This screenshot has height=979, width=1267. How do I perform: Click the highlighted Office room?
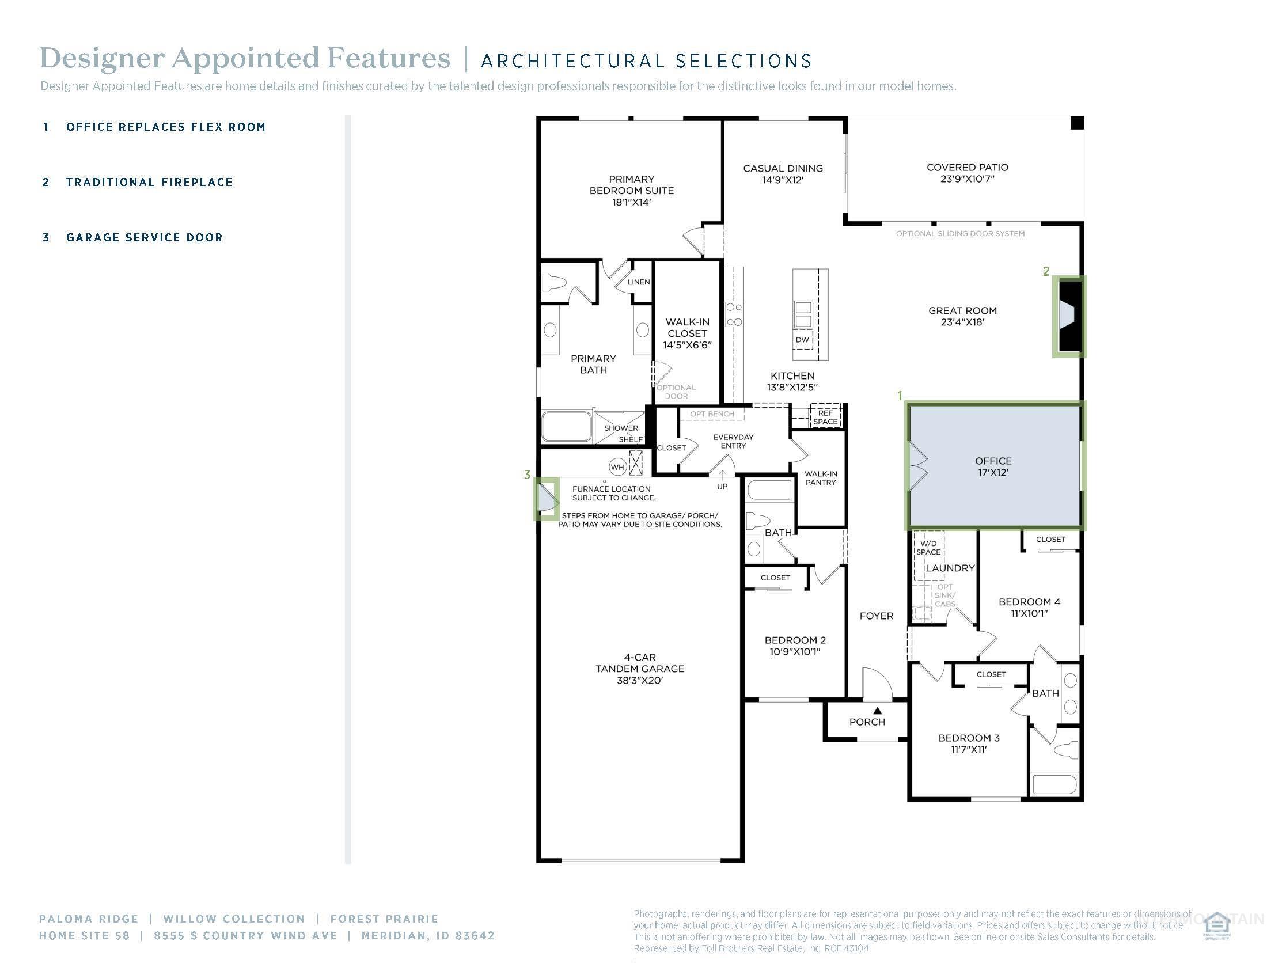tap(994, 466)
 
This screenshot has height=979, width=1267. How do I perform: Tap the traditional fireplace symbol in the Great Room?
tap(1069, 316)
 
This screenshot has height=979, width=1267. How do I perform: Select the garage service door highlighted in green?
tap(547, 499)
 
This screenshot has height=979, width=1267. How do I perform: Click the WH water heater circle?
tap(617, 467)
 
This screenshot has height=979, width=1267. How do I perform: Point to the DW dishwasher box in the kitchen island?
tap(802, 340)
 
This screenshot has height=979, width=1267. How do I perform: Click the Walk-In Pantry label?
tap(820, 478)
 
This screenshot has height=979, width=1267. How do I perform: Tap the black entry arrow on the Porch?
tap(877, 710)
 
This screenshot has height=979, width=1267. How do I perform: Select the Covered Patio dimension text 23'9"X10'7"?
tap(967, 179)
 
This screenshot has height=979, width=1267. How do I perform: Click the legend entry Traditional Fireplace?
tap(149, 182)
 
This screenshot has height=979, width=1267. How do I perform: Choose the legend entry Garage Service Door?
tap(145, 237)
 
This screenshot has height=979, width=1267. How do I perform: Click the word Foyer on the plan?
tap(876, 616)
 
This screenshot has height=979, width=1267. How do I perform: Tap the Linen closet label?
tap(638, 282)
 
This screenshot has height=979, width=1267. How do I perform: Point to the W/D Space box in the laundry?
tap(928, 548)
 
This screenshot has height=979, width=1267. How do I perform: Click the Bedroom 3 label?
tap(969, 738)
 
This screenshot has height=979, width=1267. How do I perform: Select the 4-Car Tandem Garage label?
tap(639, 669)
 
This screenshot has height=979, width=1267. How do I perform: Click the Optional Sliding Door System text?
tap(960, 234)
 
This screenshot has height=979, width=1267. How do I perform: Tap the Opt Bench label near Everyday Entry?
tap(712, 414)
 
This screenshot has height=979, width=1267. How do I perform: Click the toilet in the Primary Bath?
tap(554, 283)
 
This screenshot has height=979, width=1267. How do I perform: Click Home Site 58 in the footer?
tap(84, 935)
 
